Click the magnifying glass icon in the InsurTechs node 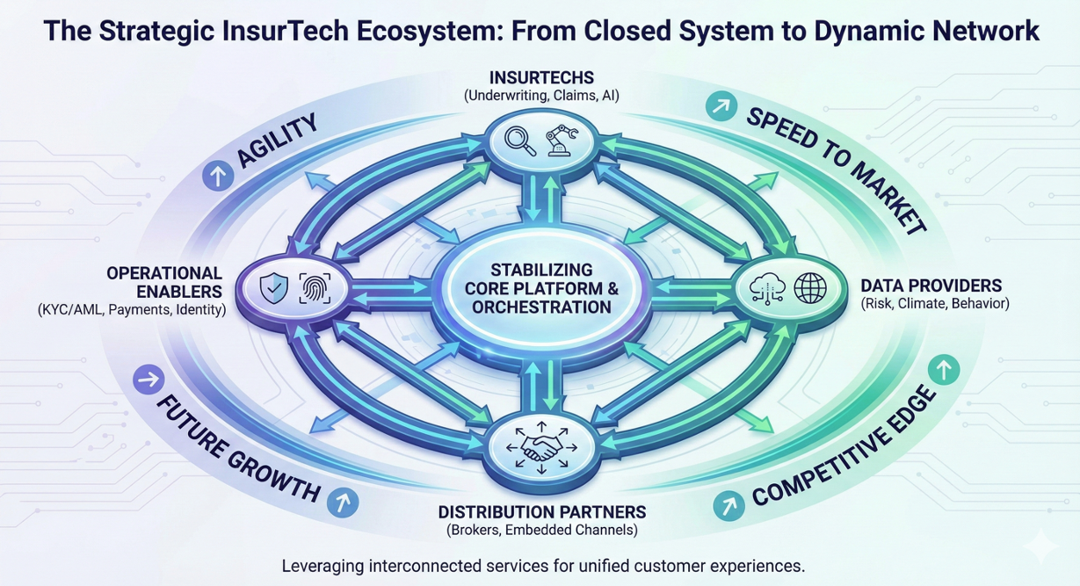[x=522, y=141]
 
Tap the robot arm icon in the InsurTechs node [x=562, y=141]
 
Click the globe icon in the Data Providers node [x=810, y=287]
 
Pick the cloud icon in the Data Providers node [x=769, y=287]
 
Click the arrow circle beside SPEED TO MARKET [x=721, y=108]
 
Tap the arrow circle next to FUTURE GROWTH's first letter [x=149, y=380]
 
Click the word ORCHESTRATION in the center [x=541, y=307]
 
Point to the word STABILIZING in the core [x=541, y=269]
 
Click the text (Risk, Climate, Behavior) [x=934, y=304]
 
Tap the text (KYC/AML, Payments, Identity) [x=132, y=309]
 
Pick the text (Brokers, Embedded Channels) [x=541, y=530]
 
